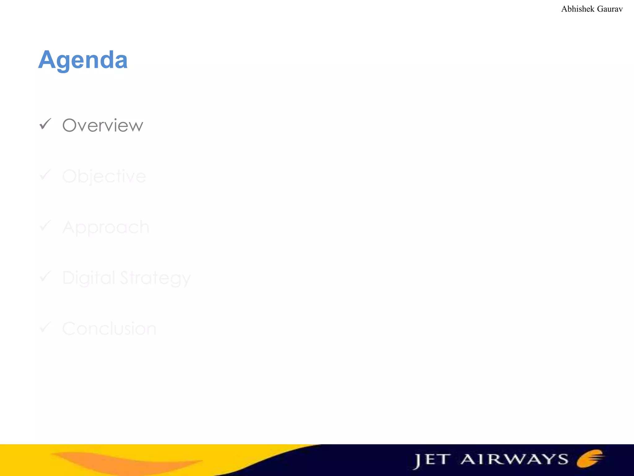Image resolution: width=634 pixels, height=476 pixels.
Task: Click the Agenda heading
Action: [x=83, y=59]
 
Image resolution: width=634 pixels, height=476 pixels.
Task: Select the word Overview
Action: [x=102, y=126]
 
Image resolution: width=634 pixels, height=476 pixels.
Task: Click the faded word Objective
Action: [x=104, y=177]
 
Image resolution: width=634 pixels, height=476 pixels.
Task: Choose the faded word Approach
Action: [x=106, y=227]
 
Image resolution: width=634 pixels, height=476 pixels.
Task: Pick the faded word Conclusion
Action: [x=109, y=328]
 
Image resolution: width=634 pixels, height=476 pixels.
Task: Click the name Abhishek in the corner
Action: [x=578, y=9]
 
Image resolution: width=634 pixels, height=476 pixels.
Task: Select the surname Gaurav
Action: [x=610, y=9]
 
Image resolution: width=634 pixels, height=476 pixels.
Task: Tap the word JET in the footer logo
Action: [x=432, y=460]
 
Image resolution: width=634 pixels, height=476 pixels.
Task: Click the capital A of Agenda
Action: [x=47, y=59]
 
